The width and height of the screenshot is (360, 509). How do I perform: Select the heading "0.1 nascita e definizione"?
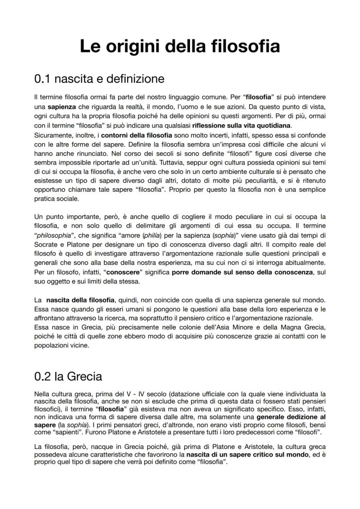coord(99,79)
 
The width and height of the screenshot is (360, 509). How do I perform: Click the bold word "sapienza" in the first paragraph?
coord(61,106)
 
